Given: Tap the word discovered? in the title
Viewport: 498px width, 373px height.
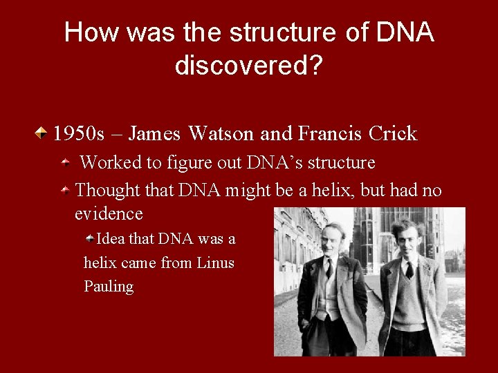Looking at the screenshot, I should click(x=249, y=66).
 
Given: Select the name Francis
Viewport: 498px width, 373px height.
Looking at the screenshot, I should click(x=329, y=133).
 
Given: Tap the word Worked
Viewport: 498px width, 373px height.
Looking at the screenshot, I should click(x=111, y=163).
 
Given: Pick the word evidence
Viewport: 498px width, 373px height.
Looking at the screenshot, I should click(x=109, y=213).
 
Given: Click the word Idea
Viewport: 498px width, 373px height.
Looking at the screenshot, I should click(x=111, y=239).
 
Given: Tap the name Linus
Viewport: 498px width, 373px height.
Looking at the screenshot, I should click(x=215, y=262).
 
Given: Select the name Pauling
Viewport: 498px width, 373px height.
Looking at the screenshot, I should click(x=109, y=286).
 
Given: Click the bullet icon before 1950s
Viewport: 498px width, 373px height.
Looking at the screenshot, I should click(x=43, y=131).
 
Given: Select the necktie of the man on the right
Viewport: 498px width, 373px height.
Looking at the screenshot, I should click(x=409, y=269).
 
